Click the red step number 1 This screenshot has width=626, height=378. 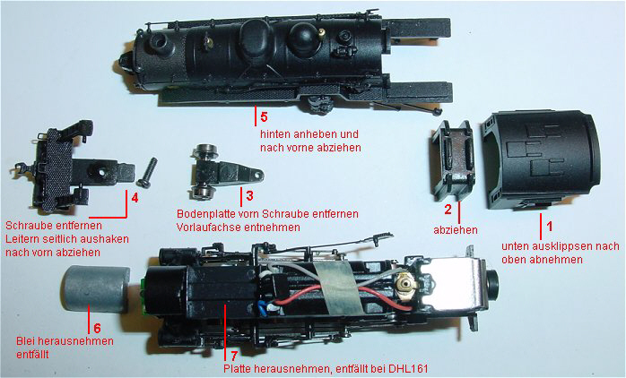[x=550, y=226]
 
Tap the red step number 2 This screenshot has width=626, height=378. [x=448, y=209]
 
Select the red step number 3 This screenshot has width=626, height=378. [x=250, y=195]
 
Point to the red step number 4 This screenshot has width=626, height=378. [x=135, y=197]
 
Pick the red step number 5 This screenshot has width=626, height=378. [x=264, y=116]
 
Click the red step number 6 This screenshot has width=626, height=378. [x=97, y=328]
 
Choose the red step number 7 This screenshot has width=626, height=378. [x=234, y=356]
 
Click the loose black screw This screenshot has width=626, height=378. [x=147, y=172]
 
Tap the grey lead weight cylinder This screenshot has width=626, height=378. [x=96, y=289]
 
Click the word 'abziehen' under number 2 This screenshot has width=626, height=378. [x=456, y=230]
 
